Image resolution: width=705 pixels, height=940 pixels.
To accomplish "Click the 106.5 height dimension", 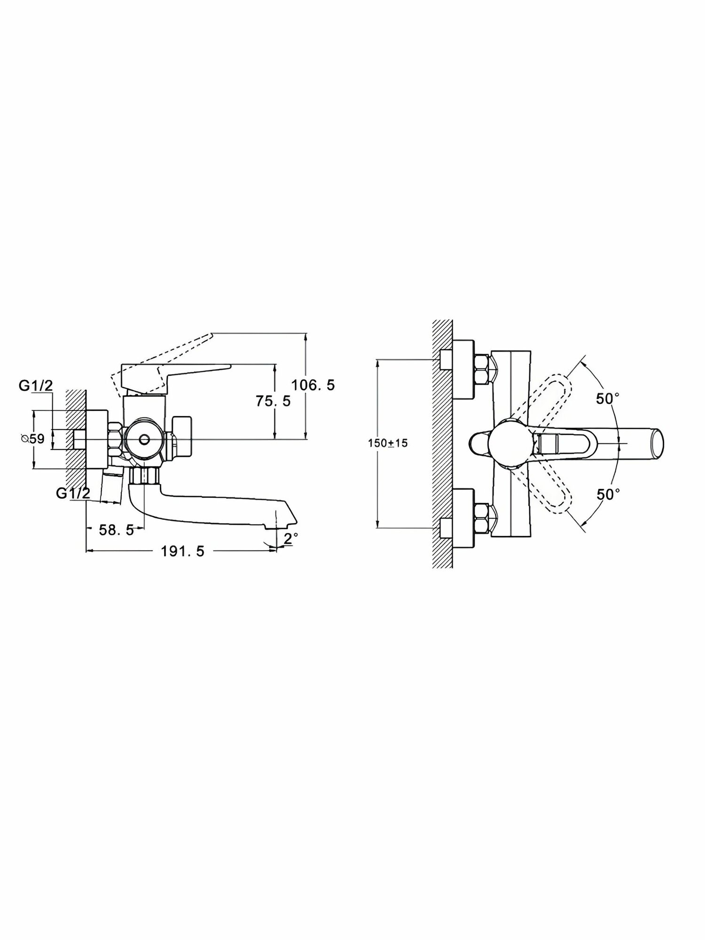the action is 313,385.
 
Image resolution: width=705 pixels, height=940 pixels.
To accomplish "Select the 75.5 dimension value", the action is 273,401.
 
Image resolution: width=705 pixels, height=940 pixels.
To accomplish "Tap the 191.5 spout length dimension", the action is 183,551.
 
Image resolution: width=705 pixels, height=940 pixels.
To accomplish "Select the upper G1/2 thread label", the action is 36,385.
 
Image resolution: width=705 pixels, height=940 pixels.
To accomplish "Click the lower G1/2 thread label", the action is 73,493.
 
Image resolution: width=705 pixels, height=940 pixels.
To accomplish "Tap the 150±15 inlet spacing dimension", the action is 388,443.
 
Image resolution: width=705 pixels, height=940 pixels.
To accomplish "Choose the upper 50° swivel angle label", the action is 608,399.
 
